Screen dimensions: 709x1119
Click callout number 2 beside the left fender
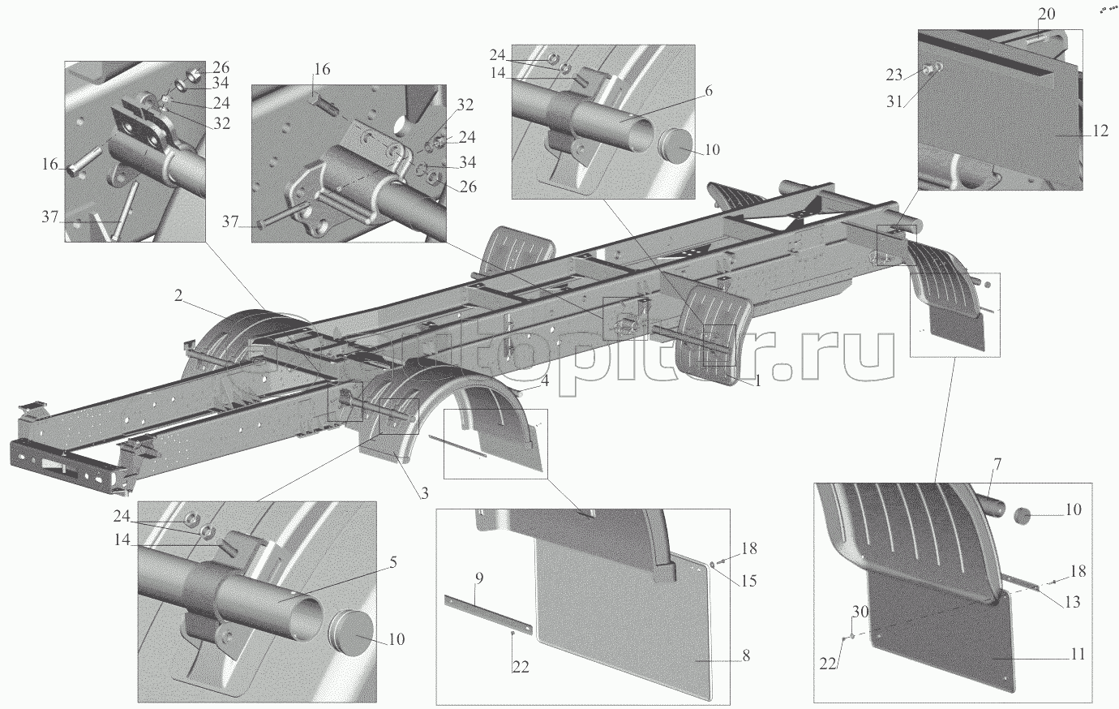(177, 298)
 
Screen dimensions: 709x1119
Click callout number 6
(709, 91)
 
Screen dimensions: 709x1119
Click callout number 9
(479, 578)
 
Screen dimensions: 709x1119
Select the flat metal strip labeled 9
(488, 614)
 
